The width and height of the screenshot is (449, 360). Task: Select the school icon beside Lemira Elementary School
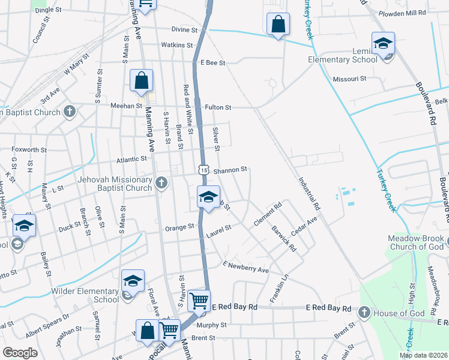tap(383, 44)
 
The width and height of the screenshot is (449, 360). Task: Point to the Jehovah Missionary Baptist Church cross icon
tap(161, 184)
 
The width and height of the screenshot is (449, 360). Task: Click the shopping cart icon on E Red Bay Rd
tap(199, 300)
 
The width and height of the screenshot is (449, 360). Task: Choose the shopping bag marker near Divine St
tap(278, 25)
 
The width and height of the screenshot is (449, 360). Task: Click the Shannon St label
tap(231, 170)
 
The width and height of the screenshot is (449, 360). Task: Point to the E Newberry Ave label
tap(246, 267)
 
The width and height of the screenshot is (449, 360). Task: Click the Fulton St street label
tap(218, 107)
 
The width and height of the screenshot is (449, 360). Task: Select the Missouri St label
tap(349, 79)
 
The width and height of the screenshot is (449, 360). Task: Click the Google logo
tap(20, 353)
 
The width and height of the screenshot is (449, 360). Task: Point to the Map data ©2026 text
tap(423, 355)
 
